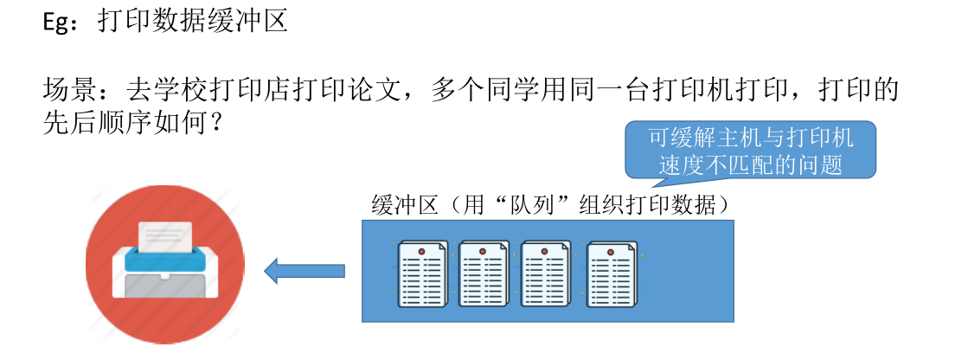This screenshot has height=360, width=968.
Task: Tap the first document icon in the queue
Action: [421, 273]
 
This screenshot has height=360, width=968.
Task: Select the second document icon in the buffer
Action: [484, 273]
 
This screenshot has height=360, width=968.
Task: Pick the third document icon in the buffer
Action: [546, 273]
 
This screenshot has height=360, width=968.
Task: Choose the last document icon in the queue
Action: [611, 273]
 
